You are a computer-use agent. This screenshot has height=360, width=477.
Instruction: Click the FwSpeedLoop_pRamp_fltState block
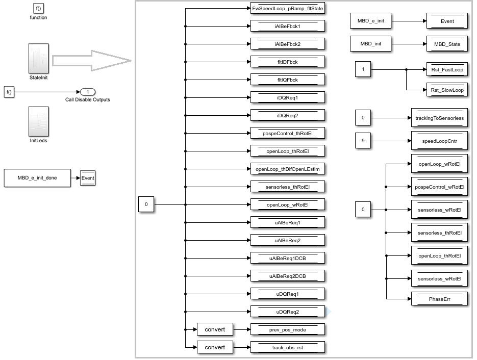(x=288, y=9)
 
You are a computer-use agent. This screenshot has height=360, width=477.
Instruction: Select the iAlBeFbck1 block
(x=288, y=27)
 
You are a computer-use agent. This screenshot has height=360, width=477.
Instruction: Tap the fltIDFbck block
(x=288, y=62)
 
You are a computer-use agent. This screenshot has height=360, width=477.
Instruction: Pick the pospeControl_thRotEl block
(x=288, y=134)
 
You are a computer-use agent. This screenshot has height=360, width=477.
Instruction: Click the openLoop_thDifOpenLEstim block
(x=288, y=169)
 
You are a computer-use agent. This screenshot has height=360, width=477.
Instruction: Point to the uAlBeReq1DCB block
(x=288, y=259)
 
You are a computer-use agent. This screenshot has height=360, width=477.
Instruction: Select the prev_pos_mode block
(x=288, y=330)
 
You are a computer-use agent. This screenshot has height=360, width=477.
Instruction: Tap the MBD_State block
(x=447, y=44)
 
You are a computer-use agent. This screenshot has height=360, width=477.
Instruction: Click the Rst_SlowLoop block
(x=447, y=90)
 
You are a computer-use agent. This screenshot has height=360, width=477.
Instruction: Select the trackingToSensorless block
(x=439, y=118)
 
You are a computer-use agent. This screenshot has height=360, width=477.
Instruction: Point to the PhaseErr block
(x=439, y=299)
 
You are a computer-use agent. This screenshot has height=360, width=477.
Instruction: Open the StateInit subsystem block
(x=39, y=58)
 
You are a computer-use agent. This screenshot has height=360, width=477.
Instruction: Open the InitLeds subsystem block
(x=39, y=121)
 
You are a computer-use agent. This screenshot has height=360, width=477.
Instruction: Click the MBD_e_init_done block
(x=37, y=178)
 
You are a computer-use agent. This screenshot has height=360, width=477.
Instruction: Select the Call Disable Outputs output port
(x=88, y=92)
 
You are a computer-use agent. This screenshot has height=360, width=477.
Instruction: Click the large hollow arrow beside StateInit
(x=92, y=60)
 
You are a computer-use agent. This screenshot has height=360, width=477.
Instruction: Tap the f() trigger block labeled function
(x=38, y=8)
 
